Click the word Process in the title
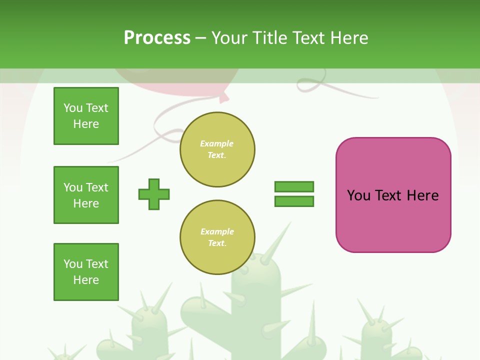(x=157, y=38)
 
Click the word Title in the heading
(x=270, y=38)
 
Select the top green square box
(x=86, y=116)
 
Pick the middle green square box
(x=86, y=195)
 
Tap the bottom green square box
(x=86, y=272)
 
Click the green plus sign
(x=154, y=194)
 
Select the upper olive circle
(x=217, y=149)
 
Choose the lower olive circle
(x=217, y=237)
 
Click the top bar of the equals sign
(x=294, y=186)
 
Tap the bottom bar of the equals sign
(x=294, y=201)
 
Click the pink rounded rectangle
(x=393, y=220)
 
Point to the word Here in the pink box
(x=422, y=195)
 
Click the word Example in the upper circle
(x=216, y=143)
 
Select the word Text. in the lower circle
(x=217, y=243)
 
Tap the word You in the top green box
(x=72, y=108)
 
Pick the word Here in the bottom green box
(x=86, y=280)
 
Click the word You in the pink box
(x=358, y=195)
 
